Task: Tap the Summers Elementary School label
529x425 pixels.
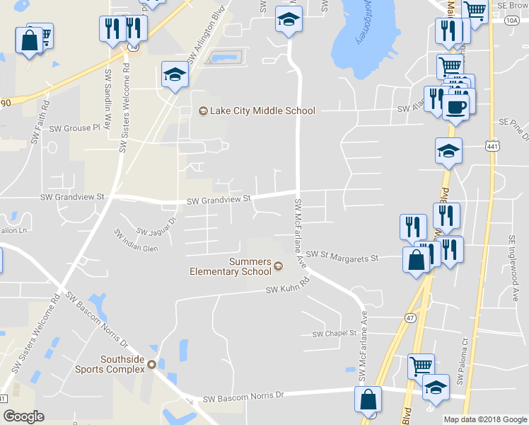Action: [231, 266]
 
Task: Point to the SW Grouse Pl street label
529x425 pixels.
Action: [76, 128]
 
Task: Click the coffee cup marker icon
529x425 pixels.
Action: [455, 107]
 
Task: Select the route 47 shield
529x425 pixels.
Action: [409, 319]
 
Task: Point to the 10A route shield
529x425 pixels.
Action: [512, 21]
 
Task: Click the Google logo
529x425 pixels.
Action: [23, 416]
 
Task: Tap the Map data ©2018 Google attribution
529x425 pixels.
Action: [484, 419]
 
